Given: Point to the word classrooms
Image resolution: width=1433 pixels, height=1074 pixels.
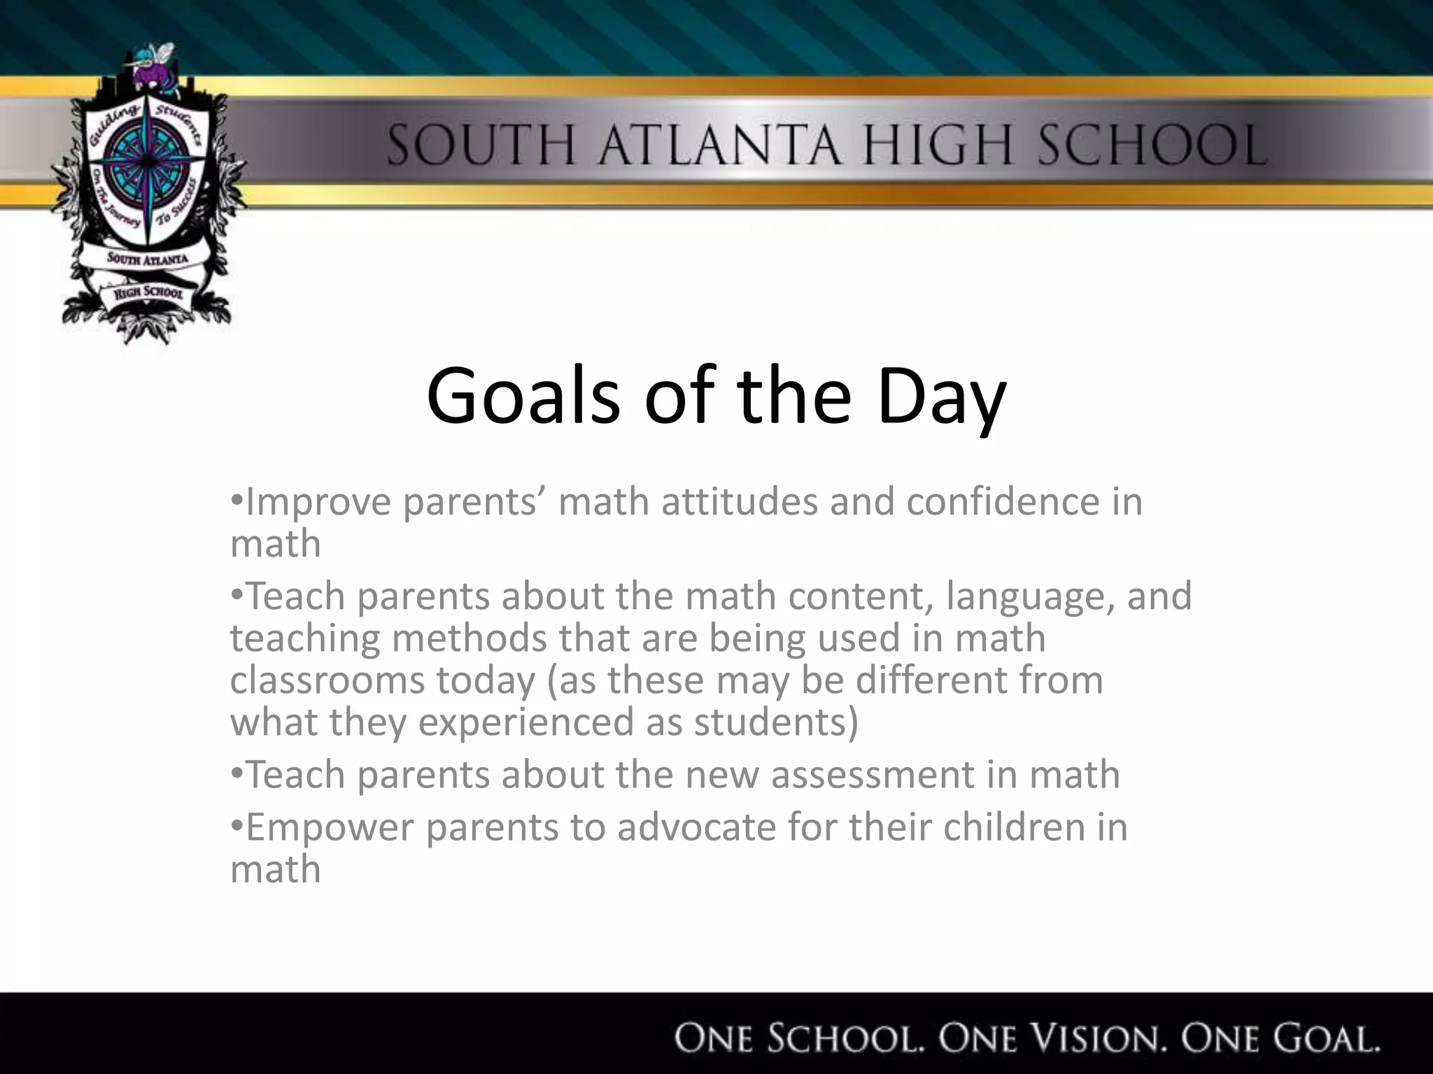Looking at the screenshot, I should [327, 680].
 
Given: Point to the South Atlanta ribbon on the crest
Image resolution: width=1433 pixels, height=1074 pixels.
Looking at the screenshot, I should [147, 259].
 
